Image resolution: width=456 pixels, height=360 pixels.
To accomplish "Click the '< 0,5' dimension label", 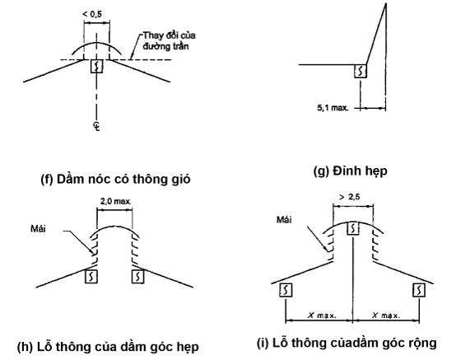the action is pyautogui.click(x=92, y=14).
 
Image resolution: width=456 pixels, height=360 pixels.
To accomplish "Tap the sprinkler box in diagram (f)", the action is pyautogui.click(x=97, y=67).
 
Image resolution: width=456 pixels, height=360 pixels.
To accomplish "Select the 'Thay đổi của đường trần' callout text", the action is pyautogui.click(x=169, y=40).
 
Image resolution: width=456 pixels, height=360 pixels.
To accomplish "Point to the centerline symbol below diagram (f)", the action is pyautogui.click(x=96, y=126).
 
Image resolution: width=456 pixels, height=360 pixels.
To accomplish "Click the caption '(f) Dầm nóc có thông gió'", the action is pyautogui.click(x=115, y=179).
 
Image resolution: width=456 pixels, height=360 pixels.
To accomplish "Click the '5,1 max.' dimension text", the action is pyautogui.click(x=333, y=108).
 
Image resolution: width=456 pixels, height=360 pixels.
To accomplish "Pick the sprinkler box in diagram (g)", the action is pyautogui.click(x=361, y=71).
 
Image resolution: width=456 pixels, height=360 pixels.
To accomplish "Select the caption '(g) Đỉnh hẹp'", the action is pyautogui.click(x=350, y=171).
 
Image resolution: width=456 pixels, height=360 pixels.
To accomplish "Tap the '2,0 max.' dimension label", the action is pyautogui.click(x=115, y=201).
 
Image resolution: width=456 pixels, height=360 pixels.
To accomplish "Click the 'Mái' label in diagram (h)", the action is pyautogui.click(x=38, y=228).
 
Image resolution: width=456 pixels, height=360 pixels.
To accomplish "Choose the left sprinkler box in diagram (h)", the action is pyautogui.click(x=91, y=277).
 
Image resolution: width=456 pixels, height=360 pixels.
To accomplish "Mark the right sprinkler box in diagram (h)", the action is pyautogui.click(x=137, y=277).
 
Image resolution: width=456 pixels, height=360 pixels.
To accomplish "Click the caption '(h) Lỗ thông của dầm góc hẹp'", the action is pyautogui.click(x=108, y=347).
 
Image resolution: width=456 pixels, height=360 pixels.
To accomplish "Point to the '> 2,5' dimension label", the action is pyautogui.click(x=350, y=197).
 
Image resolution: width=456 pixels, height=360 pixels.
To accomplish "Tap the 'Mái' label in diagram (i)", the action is pyautogui.click(x=284, y=219).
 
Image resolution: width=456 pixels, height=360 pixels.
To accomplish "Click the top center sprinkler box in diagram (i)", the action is pyautogui.click(x=353, y=228).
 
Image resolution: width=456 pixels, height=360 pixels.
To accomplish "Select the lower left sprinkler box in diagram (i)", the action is pyautogui.click(x=286, y=290).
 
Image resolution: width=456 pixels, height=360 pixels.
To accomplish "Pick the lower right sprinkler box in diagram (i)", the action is pyautogui.click(x=419, y=290).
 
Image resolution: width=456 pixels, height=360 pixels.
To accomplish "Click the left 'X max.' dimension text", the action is pyautogui.click(x=322, y=316).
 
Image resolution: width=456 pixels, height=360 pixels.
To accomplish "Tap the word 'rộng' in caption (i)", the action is pyautogui.click(x=421, y=344).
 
